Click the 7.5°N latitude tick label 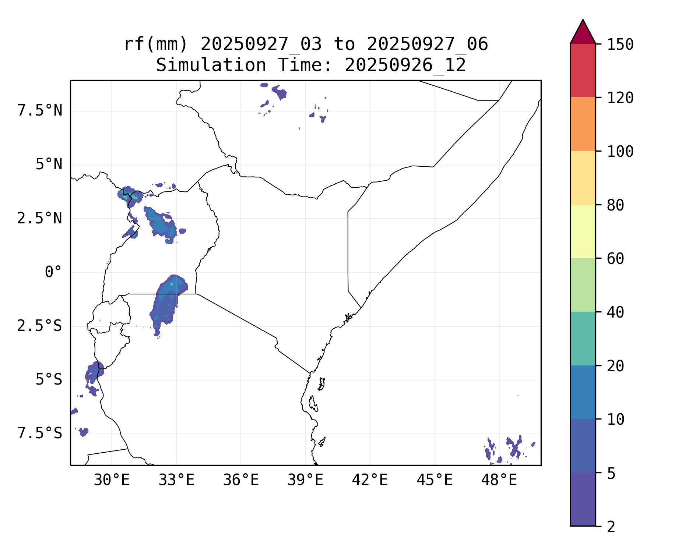click(40, 111)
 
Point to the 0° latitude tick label click(53, 272)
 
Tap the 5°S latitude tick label click(49, 380)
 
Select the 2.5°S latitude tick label click(40, 326)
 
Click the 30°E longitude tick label click(112, 480)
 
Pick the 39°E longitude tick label click(305, 480)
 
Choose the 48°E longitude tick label click(499, 480)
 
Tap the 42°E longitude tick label click(370, 480)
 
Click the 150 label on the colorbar click(620, 45)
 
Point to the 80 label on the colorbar click(615, 205)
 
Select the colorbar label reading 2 click(611, 527)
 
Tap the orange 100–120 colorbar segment click(583, 124)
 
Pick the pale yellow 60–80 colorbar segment click(583, 231)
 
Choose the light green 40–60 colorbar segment click(583, 285)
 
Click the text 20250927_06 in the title click(427, 45)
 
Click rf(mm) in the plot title click(155, 45)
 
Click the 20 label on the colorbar click(615, 366)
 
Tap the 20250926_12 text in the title click(405, 66)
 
